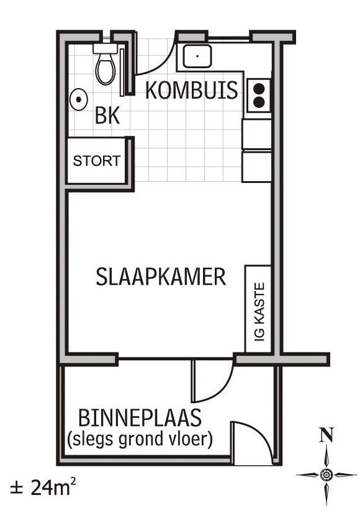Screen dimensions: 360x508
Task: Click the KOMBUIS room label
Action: pos(191,90)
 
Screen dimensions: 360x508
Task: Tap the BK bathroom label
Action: pos(107,115)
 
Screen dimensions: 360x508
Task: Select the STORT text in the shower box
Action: pos(96,161)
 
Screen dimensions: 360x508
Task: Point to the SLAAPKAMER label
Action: pos(161,277)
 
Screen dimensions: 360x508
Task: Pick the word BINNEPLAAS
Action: pos(140,418)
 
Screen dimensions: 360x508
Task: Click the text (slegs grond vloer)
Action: pos(140,439)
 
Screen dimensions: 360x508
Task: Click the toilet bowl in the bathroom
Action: pos(106,69)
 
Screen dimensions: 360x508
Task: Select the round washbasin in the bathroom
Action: pos(78,99)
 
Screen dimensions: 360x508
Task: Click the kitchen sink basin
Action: pos(197,56)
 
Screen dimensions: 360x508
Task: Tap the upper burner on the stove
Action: pos(259,88)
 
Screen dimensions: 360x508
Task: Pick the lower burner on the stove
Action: pos(259,102)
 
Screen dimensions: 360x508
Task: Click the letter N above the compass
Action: pos(326,435)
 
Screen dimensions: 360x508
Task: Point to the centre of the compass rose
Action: pos(326,475)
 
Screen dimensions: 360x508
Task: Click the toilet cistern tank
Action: pos(105,48)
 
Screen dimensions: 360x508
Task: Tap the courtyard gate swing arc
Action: pos(259,434)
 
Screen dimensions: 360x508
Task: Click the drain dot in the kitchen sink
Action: pos(197,56)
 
